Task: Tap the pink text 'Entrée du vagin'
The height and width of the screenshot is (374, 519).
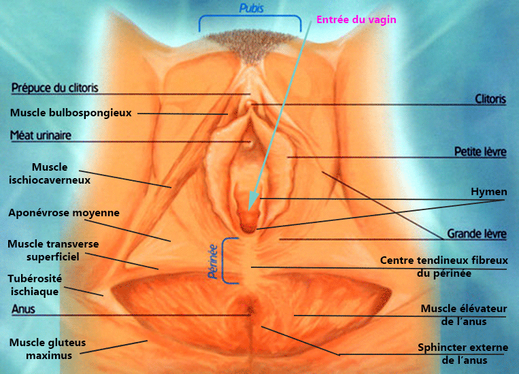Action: tap(356, 20)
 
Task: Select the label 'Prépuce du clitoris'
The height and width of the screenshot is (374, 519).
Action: tap(55, 87)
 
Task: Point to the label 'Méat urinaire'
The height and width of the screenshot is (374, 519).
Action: tap(41, 135)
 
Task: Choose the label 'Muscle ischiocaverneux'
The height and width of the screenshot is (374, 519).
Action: tap(59, 173)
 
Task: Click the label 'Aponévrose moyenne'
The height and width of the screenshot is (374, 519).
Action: tap(64, 213)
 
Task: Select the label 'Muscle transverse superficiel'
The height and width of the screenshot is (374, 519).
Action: tap(53, 250)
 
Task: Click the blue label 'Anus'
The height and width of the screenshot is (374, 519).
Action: tap(22, 309)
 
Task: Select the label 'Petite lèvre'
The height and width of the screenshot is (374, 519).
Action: tap(480, 152)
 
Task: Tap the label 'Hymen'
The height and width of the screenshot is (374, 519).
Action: tap(489, 192)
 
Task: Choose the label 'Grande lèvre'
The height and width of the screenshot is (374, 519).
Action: tap(476, 234)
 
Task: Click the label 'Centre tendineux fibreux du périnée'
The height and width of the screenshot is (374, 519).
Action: tap(443, 267)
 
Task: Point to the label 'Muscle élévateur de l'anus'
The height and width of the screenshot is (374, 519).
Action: tap(464, 315)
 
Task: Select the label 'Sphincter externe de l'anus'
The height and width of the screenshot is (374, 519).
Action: tap(463, 354)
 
